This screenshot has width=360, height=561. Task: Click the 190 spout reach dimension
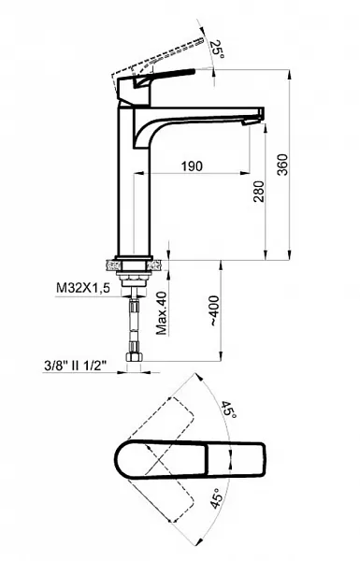(x=192, y=166)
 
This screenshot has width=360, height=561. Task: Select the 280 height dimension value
(x=259, y=192)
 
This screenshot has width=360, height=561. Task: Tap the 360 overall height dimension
(x=282, y=165)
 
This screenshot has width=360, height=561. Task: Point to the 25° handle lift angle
(x=217, y=50)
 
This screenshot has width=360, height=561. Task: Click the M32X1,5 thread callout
(x=82, y=288)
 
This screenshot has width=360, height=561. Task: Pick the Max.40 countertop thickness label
(x=162, y=313)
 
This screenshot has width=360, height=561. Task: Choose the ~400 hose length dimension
(x=213, y=310)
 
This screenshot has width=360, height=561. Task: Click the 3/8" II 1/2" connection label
(x=76, y=366)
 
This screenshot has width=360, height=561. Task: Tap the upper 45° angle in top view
(x=229, y=410)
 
